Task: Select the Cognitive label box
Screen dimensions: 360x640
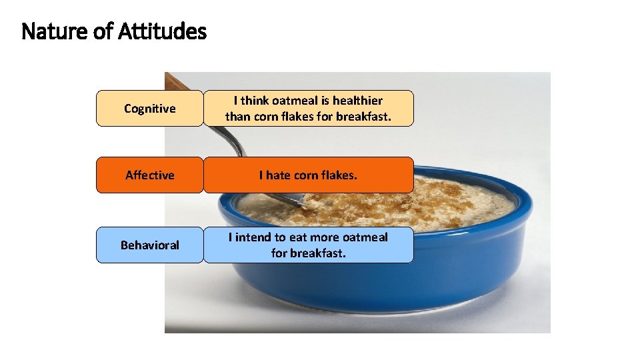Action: [149, 109]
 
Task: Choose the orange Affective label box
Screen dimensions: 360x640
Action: [149, 175]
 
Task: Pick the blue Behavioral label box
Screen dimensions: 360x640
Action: [149, 245]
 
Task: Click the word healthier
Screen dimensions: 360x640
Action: [357, 101]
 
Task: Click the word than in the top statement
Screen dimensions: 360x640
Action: [236, 117]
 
